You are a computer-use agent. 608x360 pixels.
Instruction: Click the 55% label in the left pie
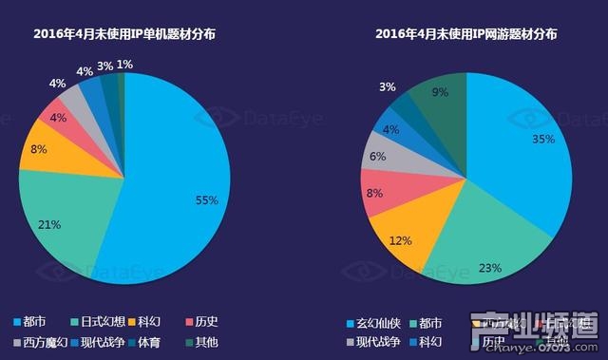point(207,200)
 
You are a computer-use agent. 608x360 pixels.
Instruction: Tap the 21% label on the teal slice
point(50,225)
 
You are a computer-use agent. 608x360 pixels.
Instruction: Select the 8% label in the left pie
point(39,149)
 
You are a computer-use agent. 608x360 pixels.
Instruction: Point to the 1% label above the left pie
point(124,65)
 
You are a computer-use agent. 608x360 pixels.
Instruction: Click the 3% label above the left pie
point(104,66)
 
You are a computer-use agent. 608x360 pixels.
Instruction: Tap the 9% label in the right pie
point(440,93)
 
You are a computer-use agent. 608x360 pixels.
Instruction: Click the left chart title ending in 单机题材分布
point(123,33)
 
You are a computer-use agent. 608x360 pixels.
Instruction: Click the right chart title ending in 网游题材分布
point(465,33)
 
